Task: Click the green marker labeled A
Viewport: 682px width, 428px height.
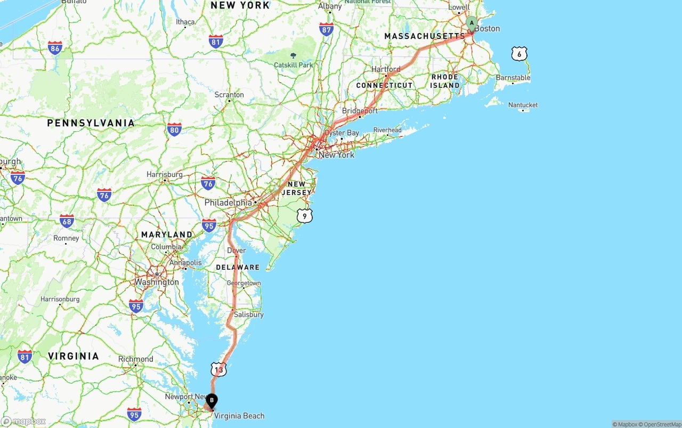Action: point(472,23)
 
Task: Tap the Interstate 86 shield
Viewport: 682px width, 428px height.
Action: point(54,48)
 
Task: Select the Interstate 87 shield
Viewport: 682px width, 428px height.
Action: point(327,29)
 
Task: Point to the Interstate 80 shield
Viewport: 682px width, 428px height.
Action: point(174,129)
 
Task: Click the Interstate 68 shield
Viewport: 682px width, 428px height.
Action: point(67,221)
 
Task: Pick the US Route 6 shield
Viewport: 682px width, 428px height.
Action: point(519,53)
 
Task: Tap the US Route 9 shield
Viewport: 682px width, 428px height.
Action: point(304,215)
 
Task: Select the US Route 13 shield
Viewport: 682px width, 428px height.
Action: point(218,369)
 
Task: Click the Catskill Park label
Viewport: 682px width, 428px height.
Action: point(293,65)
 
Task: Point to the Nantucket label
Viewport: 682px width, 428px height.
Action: point(523,105)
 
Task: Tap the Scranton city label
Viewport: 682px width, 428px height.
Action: point(229,95)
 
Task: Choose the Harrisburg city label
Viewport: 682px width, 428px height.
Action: point(165,174)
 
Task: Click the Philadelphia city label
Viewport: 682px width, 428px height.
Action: point(228,203)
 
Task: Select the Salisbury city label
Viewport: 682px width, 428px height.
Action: point(248,314)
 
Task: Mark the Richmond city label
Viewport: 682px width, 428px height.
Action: point(136,359)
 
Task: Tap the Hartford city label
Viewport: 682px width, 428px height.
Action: point(386,69)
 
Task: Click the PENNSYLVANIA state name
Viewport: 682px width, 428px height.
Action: point(91,123)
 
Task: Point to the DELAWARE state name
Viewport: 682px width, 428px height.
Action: point(238,267)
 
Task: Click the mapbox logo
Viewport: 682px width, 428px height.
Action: point(23,421)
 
